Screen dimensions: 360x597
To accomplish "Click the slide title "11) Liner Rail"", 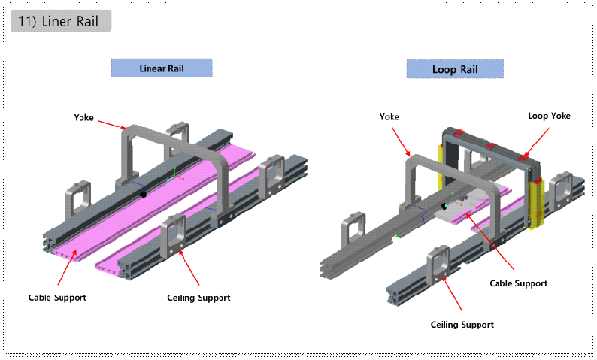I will click(x=61, y=21).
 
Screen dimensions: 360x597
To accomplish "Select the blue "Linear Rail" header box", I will click(x=162, y=68).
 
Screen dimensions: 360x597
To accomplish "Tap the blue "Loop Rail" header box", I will click(x=455, y=69).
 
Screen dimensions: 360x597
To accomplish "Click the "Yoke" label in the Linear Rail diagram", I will click(x=84, y=117).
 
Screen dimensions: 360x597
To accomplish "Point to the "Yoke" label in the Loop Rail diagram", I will click(x=389, y=117).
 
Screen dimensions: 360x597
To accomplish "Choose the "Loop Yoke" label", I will click(x=549, y=116).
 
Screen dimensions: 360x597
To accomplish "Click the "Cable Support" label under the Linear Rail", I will click(x=57, y=297).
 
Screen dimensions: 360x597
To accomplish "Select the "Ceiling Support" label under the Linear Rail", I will click(x=198, y=298).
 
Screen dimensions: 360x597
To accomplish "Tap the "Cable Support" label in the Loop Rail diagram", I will click(x=518, y=283).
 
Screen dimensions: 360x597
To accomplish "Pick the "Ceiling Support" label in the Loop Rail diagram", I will click(x=462, y=325).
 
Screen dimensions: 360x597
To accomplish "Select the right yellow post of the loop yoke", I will click(x=535, y=203).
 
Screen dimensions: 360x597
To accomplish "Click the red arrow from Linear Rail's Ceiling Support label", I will click(x=189, y=267).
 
